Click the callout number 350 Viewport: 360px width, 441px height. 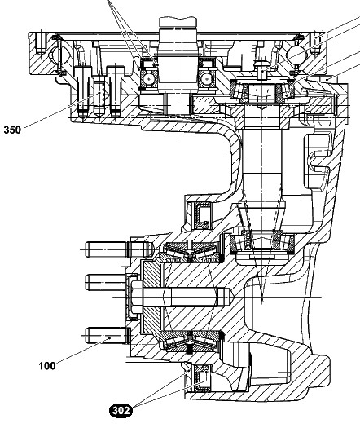point(12,130)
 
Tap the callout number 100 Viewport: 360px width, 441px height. point(47,366)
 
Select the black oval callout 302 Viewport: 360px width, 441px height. point(121,411)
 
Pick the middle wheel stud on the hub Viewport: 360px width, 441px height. point(106,282)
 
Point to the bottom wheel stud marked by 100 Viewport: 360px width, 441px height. point(107,335)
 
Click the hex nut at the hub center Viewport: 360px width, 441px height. point(137,298)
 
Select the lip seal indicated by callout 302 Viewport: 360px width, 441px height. point(201,377)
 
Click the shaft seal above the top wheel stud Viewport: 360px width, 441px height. point(201,216)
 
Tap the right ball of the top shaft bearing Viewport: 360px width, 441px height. point(207,78)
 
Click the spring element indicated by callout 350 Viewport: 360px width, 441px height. point(100,95)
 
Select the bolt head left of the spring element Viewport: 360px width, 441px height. point(82,72)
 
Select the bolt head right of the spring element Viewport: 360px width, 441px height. point(116,71)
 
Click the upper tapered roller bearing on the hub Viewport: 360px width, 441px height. point(191,252)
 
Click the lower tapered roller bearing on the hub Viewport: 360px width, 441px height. point(191,341)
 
